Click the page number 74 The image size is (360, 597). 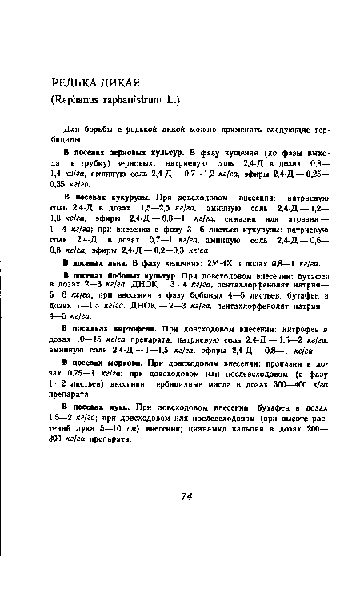(186, 497)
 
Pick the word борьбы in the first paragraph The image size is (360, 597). (99, 130)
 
